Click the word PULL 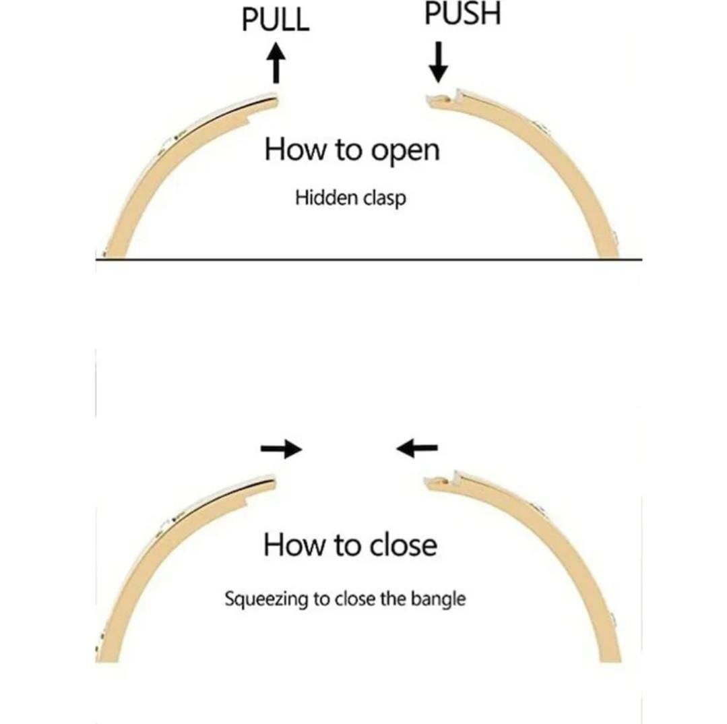click(275, 20)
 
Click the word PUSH click(462, 14)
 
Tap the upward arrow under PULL click(275, 62)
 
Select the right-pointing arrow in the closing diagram click(282, 449)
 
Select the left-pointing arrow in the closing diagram click(417, 447)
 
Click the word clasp click(384, 199)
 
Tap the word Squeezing click(265, 599)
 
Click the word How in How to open click(293, 149)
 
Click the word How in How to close click(292, 544)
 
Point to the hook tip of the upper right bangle click(429, 100)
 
